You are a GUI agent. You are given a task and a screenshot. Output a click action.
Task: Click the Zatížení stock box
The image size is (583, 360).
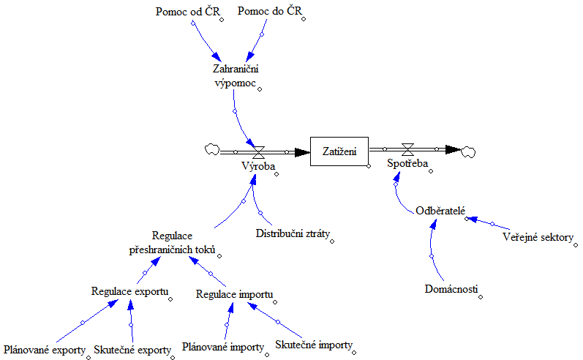339,151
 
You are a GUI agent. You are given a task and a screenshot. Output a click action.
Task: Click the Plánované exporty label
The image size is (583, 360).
45,350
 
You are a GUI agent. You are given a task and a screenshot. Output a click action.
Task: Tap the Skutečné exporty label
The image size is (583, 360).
132,350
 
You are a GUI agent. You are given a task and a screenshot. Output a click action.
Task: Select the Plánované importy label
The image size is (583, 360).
222,347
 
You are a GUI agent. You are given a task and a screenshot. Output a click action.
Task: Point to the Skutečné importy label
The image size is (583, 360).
313,344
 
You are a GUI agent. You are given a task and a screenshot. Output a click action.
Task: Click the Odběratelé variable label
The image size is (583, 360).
440,210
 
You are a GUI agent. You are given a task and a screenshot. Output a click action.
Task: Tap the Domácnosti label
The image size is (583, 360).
451,289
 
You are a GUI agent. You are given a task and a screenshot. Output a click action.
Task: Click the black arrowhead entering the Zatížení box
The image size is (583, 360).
301,152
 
